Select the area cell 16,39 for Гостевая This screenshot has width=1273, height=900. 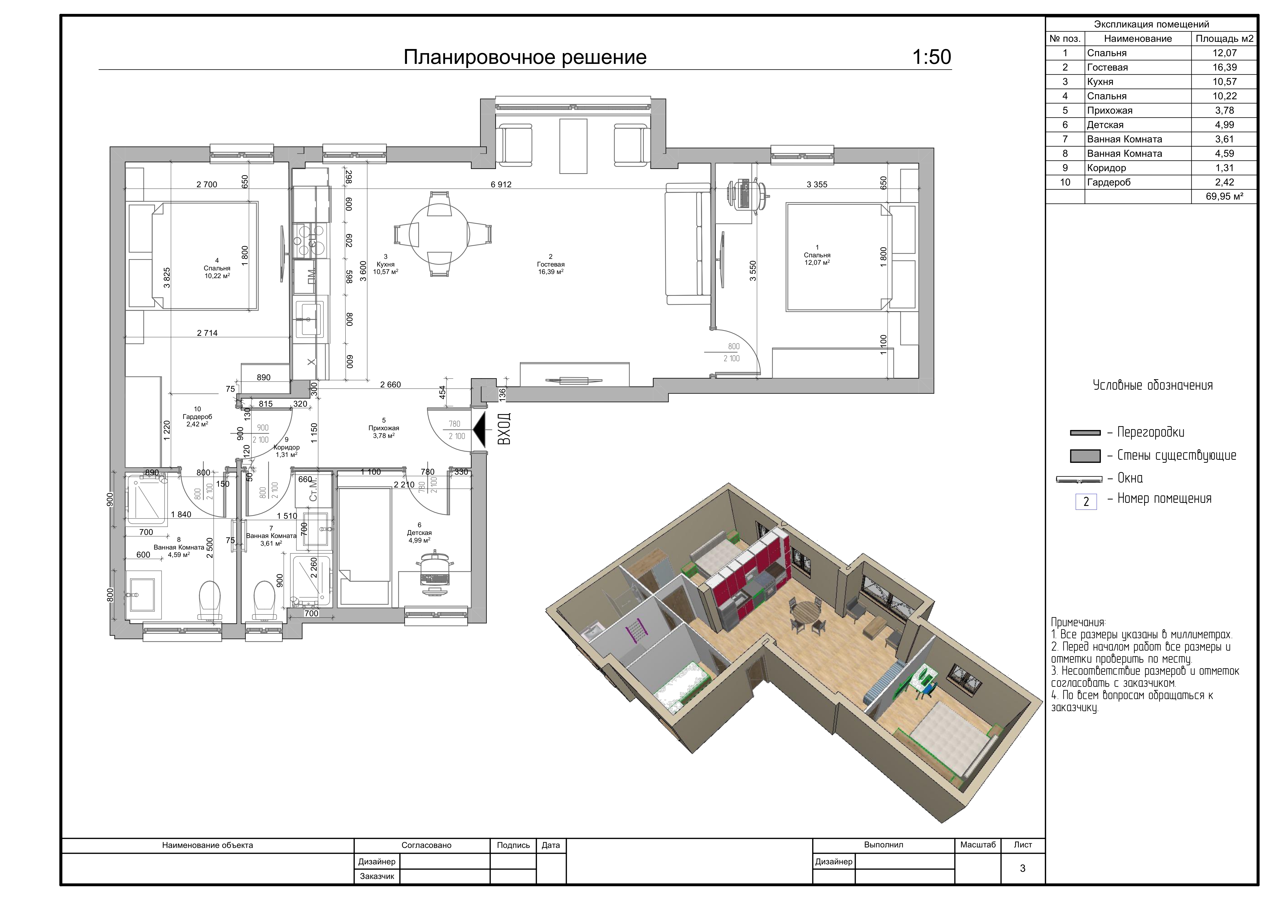(x=1224, y=67)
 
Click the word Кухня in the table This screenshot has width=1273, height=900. (x=1101, y=82)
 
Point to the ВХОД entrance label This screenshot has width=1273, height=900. (x=504, y=429)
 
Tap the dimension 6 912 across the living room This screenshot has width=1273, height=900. (x=501, y=184)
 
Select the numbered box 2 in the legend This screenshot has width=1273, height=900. (x=1086, y=502)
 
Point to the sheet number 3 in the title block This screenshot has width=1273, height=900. (x=1023, y=868)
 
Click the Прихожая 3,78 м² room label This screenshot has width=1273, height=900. (x=384, y=428)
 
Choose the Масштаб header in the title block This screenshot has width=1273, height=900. (x=978, y=845)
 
